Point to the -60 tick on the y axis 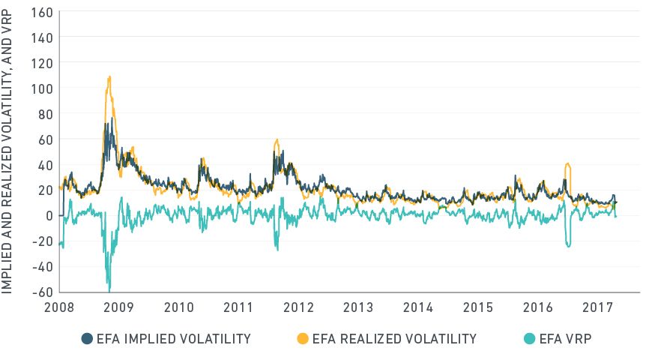click(x=43, y=292)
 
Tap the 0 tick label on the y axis click(x=49, y=216)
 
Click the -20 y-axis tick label click(x=43, y=241)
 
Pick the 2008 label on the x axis click(x=60, y=307)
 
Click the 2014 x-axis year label click(x=418, y=307)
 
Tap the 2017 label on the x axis click(x=597, y=307)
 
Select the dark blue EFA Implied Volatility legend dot click(x=87, y=339)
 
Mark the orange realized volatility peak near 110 click(x=109, y=76)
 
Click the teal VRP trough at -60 click(x=109, y=289)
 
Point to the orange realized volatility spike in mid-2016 click(x=568, y=164)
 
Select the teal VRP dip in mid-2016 click(x=569, y=245)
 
